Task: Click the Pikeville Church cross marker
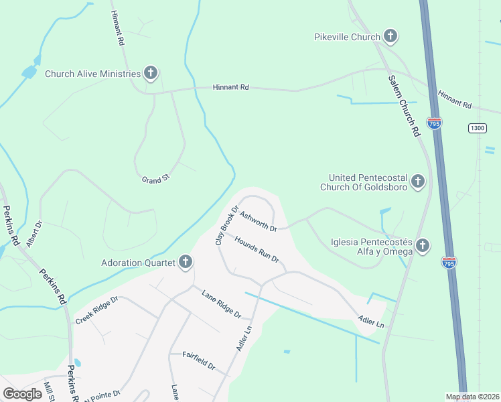390,37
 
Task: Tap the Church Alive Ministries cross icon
151,73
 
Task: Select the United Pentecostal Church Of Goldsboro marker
418,181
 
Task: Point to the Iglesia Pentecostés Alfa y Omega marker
423,246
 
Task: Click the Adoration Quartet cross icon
186,262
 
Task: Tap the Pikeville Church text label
347,37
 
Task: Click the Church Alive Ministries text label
92,74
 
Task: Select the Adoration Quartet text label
137,262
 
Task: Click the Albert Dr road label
33,231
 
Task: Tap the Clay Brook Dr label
227,225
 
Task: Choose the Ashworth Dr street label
258,222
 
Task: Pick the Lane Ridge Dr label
221,302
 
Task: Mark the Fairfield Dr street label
199,361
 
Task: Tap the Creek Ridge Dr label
96,308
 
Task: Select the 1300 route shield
477,128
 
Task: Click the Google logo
22,394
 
